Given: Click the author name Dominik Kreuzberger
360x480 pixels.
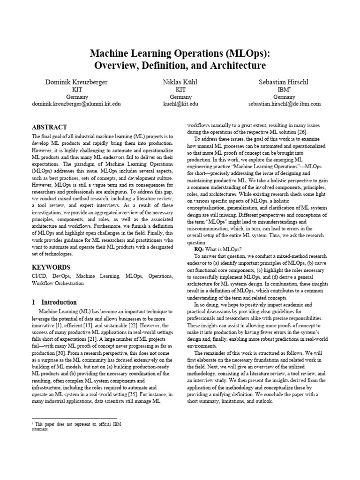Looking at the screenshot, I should pyautogui.click(x=76, y=82).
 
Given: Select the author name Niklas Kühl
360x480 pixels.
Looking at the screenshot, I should pyautogui.click(x=180, y=82).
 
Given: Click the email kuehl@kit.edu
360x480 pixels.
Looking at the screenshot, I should pyautogui.click(x=180, y=104).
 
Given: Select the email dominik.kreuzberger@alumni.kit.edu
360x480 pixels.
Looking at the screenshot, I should pyautogui.click(x=76, y=104).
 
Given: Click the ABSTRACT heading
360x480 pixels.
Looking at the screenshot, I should pyautogui.click(x=49, y=127).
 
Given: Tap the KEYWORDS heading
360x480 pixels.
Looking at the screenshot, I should pyautogui.click(x=51, y=267).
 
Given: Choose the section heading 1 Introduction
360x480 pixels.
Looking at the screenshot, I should pyautogui.click(x=54, y=302).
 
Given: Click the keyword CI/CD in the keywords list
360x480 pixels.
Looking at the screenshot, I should pyautogui.click(x=39, y=277).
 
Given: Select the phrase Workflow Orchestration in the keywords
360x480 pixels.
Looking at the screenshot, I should pyautogui.click(x=58, y=284).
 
